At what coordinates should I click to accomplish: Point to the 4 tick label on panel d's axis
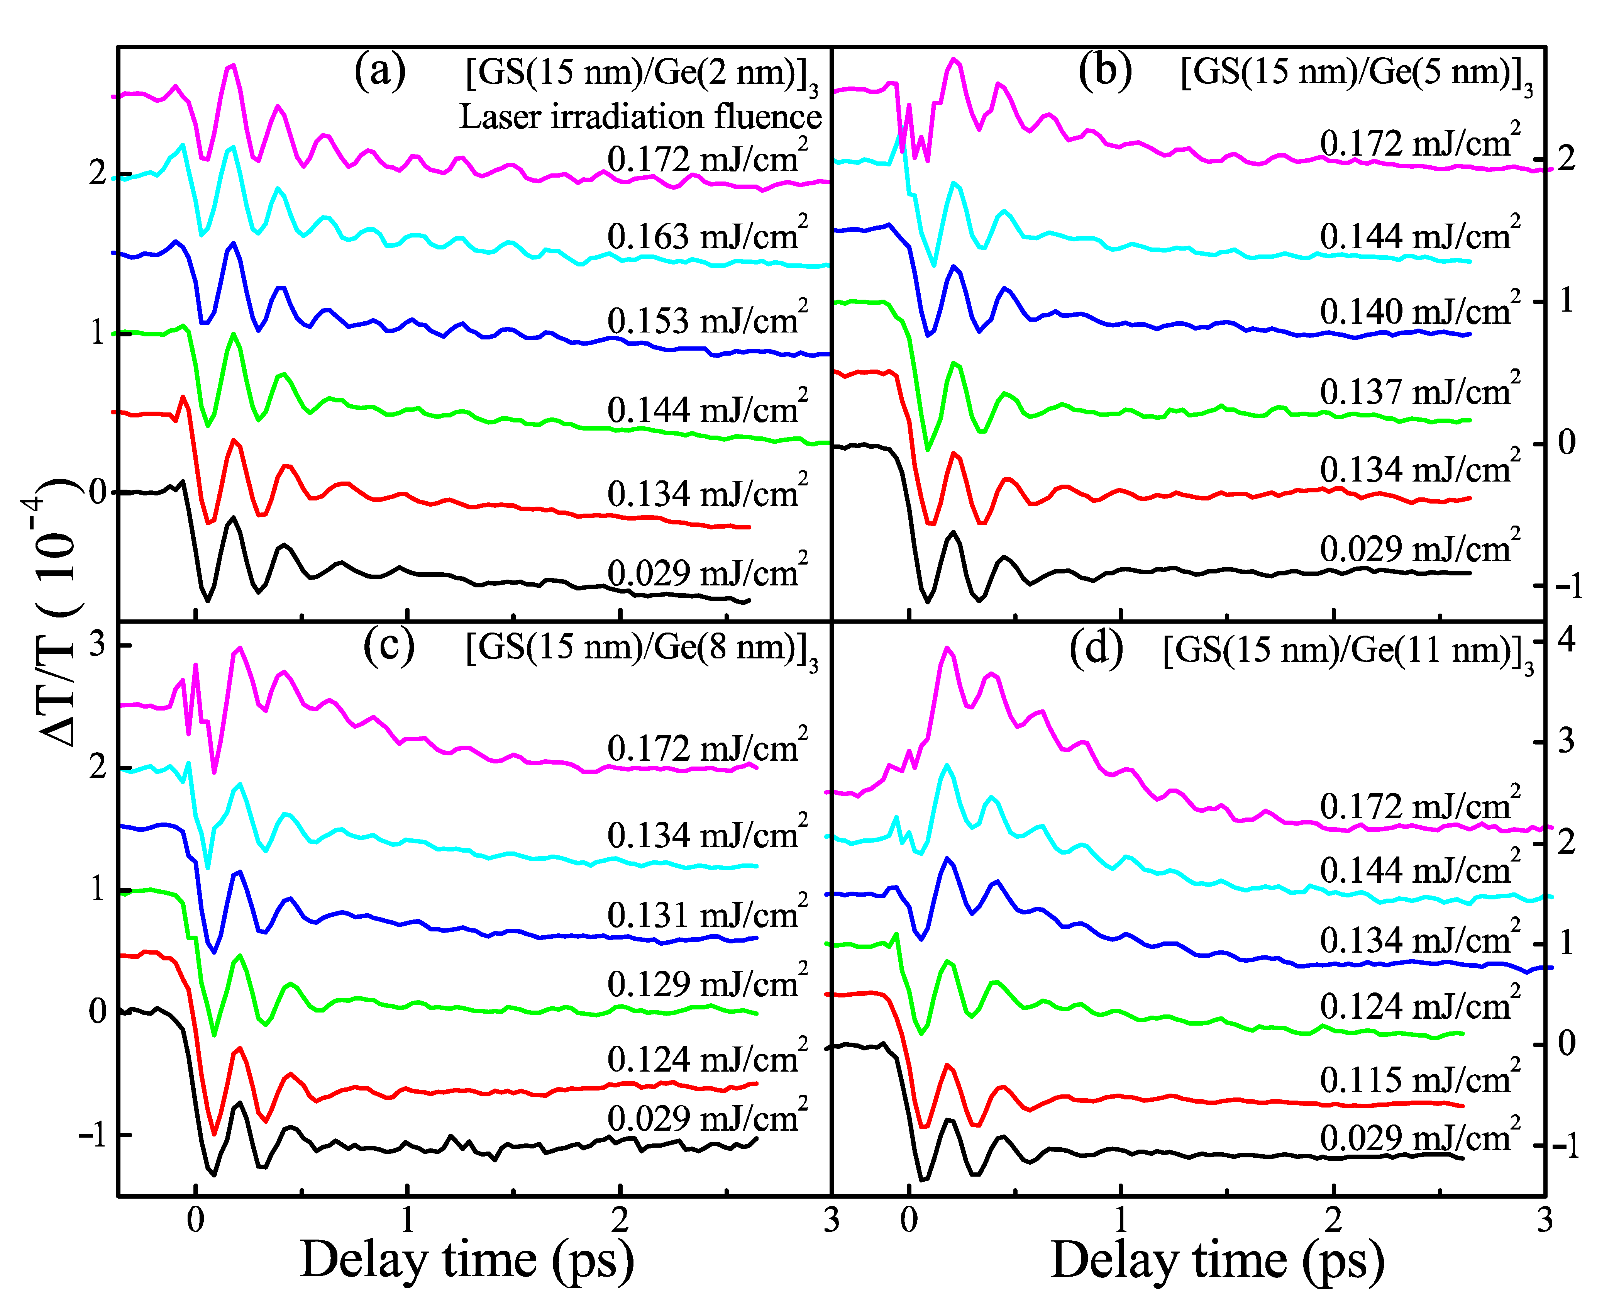click(1566, 639)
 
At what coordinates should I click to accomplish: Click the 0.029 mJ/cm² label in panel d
click(1419, 1136)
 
